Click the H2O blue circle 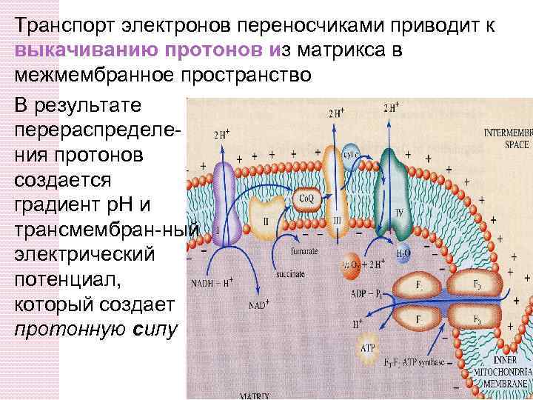click(x=403, y=252)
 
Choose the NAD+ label click(x=258, y=304)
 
